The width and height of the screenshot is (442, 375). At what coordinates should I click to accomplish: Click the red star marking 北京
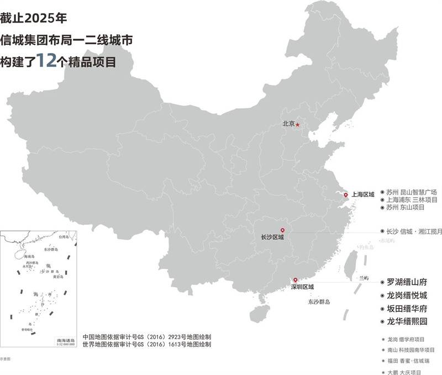298,124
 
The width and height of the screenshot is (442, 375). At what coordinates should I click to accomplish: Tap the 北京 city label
288,124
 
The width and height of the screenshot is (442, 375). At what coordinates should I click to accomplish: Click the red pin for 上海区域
346,195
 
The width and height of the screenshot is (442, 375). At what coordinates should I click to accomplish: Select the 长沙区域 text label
272,238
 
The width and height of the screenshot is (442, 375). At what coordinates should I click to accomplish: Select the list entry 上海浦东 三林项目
412,199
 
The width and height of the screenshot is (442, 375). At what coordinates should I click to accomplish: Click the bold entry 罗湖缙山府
407,282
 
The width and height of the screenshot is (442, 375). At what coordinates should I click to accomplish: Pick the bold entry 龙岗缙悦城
407,295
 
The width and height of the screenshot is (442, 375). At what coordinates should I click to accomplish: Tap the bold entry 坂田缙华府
407,308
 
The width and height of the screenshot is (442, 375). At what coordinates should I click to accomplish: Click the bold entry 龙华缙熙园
407,321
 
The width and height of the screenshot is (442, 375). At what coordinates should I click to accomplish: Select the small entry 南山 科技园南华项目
411,350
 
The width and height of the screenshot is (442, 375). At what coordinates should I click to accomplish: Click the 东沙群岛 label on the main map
319,302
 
